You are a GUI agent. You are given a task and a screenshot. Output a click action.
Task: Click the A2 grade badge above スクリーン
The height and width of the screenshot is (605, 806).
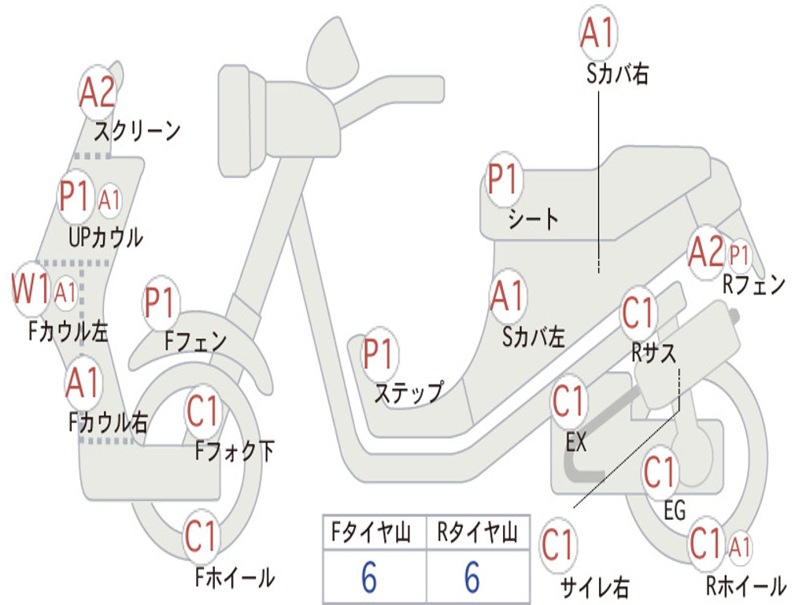tap(98, 93)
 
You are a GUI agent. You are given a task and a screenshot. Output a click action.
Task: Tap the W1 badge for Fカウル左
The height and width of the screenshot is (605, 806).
tap(31, 289)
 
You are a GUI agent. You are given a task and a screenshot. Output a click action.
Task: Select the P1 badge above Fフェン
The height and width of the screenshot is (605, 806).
tap(161, 302)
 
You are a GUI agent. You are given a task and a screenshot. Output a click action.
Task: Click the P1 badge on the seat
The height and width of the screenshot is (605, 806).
tap(503, 179)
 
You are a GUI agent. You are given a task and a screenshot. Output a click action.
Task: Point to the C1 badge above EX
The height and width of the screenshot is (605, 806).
tap(568, 401)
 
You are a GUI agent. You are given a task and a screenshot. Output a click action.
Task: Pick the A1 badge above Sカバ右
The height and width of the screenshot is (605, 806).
tap(598, 32)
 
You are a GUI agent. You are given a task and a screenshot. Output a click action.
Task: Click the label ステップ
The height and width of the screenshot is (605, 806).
tap(409, 393)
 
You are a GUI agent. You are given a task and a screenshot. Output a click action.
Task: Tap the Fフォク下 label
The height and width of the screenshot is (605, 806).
tap(235, 451)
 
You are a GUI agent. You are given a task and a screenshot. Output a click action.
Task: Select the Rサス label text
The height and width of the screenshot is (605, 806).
tap(653, 353)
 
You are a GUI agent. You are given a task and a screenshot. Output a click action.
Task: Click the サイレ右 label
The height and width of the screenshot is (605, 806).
tap(595, 587)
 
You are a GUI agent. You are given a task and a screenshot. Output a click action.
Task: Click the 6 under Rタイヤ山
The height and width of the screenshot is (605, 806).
tap(472, 577)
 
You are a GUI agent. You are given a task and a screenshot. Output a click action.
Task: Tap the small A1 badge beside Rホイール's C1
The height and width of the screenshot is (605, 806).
tap(740, 547)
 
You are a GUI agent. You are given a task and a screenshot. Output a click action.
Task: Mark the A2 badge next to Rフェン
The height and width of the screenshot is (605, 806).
tap(706, 251)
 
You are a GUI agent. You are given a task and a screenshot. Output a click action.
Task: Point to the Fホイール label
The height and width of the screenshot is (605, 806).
tap(235, 577)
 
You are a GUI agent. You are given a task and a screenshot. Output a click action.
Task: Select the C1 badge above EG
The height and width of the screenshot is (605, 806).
tap(660, 473)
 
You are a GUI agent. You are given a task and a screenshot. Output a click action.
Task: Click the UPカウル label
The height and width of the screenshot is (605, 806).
tap(106, 238)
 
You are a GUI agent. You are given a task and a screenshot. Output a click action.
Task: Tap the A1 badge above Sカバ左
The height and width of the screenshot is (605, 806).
tap(508, 296)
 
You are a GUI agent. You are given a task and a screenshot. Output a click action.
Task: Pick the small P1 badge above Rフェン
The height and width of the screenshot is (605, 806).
tap(739, 255)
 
